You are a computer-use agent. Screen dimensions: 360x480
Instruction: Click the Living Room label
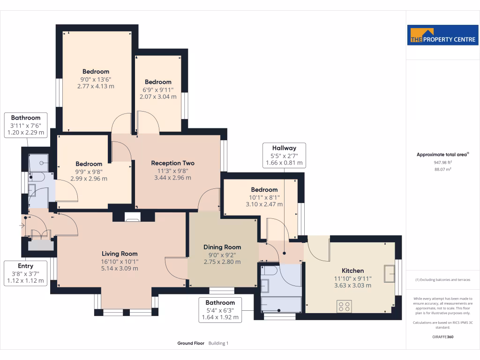pos(120,254)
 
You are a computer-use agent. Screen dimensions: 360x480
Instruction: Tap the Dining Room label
pos(222,247)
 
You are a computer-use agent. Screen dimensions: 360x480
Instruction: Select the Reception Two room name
pos(172,163)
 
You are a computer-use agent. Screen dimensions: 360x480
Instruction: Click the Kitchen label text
pos(352,270)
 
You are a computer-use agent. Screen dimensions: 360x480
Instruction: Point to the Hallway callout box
pos(284,155)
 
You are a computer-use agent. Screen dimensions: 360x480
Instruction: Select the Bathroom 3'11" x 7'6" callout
pos(26,125)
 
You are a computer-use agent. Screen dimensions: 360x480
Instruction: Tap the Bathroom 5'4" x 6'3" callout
pos(220,310)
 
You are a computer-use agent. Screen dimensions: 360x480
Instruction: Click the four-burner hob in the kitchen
pos(344,307)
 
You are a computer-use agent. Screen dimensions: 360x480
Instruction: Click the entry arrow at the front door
pos(22,226)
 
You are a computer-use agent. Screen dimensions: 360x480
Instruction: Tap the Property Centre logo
pos(443,35)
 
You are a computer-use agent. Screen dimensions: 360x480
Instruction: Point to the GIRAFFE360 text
pos(443,337)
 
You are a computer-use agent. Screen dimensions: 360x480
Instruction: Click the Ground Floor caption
pos(191,343)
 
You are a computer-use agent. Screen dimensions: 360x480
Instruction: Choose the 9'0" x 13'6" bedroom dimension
pos(96,79)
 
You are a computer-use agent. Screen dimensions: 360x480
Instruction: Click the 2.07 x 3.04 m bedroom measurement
pos(158,97)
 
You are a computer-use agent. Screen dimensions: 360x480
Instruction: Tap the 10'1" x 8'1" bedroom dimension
pos(264,197)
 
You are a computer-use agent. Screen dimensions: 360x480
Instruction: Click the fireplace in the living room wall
pos(133,217)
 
